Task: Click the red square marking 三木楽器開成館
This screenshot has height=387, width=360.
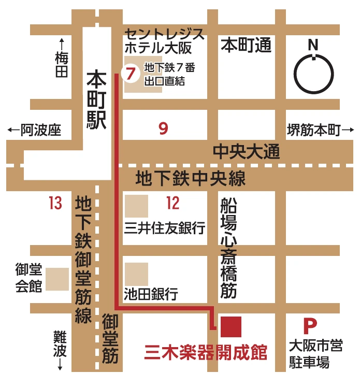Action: (x=231, y=326)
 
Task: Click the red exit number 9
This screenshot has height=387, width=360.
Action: (x=164, y=128)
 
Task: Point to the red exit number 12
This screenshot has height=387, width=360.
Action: (x=173, y=203)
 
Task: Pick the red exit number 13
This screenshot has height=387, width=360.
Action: (x=55, y=203)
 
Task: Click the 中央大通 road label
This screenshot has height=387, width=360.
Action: (x=247, y=152)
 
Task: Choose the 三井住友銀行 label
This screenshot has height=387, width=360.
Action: (x=165, y=227)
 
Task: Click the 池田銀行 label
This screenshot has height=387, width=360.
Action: (x=151, y=295)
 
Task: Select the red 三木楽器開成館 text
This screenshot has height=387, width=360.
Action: (x=206, y=353)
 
